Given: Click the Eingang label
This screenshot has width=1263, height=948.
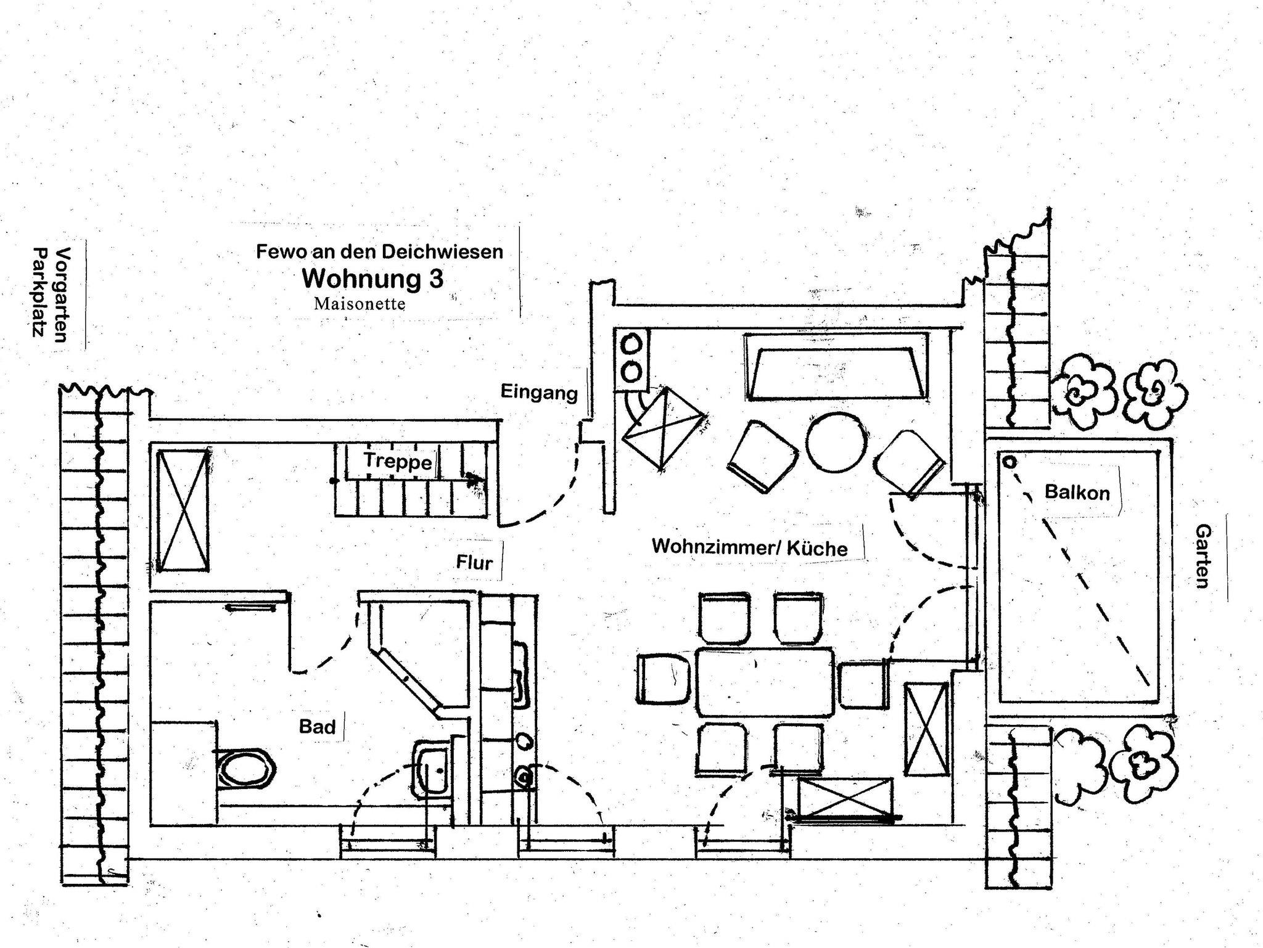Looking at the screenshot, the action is coord(539,392).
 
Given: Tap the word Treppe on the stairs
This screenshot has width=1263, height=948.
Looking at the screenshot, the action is coord(398,460).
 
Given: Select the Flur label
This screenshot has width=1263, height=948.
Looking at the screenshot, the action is coord(474,562).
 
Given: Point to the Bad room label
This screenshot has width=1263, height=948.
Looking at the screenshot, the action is coord(317,727).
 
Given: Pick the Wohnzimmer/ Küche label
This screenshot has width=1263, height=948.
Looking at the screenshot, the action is coord(749,547).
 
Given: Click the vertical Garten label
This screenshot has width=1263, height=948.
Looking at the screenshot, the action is coord(1203,556).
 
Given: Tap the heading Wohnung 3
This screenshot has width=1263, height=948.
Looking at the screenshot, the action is coord(372,279).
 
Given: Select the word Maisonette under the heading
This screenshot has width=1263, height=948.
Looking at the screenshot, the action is coord(360,304).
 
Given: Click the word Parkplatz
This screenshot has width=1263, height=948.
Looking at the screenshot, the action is coord(40,293).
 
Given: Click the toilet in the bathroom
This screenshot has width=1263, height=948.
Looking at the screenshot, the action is coord(245,769).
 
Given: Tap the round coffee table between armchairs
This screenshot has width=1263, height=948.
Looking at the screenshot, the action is coord(836,442).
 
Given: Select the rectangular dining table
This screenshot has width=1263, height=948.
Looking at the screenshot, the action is coord(765,682).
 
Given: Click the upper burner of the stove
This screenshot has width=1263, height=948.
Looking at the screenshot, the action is coord(631,345).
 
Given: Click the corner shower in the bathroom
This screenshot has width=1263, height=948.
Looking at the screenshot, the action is coord(419,656).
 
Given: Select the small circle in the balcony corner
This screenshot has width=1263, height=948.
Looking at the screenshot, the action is coord(1010,462).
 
